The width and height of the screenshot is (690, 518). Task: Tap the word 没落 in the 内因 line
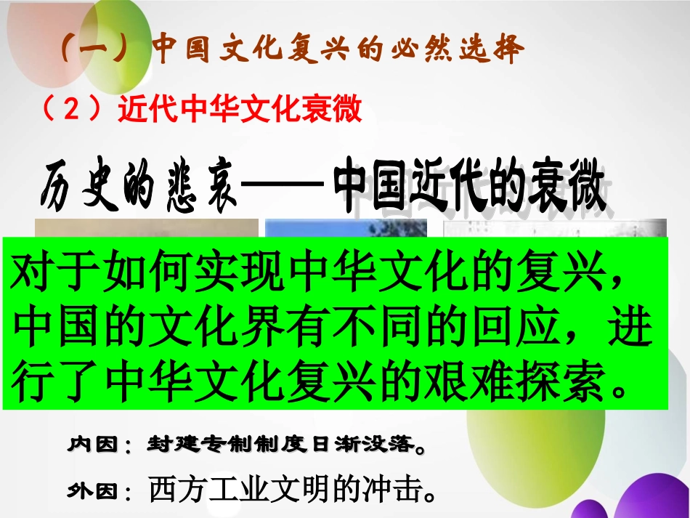389,444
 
